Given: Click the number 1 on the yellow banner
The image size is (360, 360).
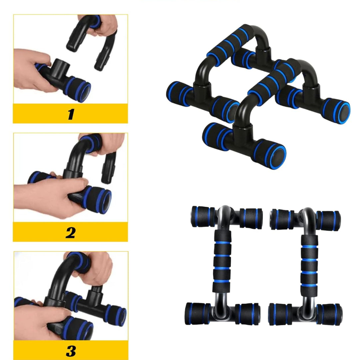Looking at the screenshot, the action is pos(71,114).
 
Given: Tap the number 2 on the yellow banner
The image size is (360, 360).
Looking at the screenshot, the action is pos(70,233).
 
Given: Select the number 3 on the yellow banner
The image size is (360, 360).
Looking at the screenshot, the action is pos(71,351).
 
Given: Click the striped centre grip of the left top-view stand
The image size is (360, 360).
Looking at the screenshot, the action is pos(222,261).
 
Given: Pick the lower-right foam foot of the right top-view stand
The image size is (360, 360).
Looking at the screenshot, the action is pos(329,314).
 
